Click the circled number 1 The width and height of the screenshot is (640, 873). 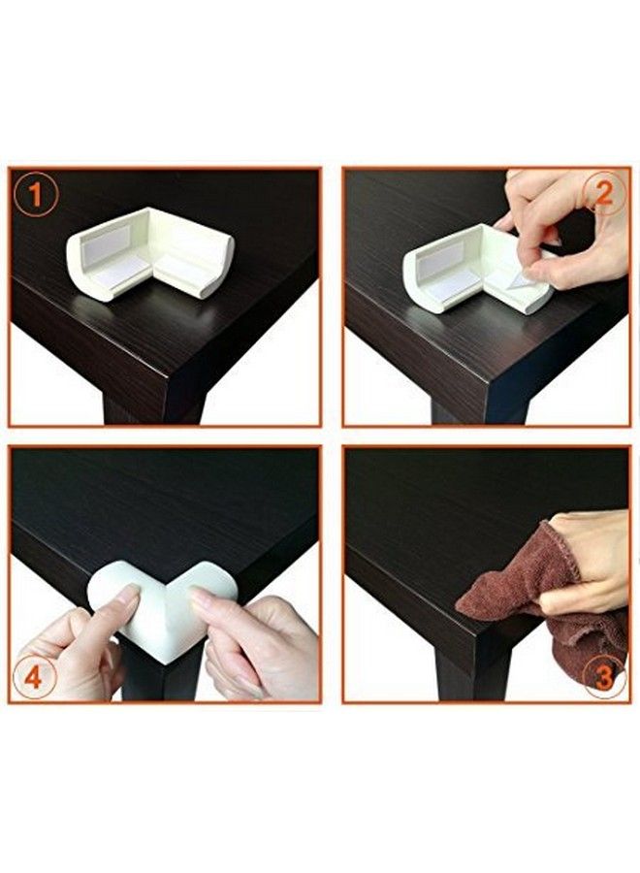point(36,197)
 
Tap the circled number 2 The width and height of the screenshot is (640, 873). point(603,193)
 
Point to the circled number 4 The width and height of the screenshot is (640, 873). point(34,678)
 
